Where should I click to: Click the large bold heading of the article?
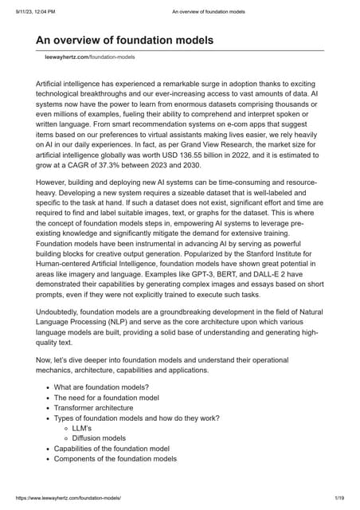125,41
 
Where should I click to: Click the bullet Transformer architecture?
93,407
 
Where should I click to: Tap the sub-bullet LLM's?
82,428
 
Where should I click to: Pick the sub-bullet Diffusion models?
99,438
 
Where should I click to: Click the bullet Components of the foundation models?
115,458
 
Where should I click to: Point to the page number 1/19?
339,497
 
